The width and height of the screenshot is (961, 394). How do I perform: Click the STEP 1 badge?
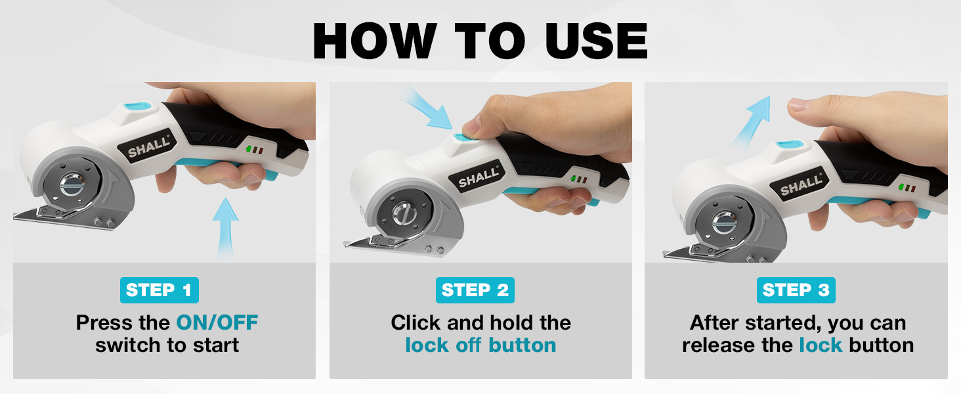(x=159, y=290)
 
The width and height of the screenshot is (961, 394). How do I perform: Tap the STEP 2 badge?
(x=475, y=290)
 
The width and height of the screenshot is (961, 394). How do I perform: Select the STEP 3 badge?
(x=796, y=290)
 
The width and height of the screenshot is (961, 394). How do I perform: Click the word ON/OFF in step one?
(x=217, y=322)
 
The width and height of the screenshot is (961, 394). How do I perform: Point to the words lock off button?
(x=480, y=345)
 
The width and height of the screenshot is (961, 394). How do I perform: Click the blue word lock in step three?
(x=820, y=345)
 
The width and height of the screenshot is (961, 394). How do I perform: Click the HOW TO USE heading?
(x=480, y=41)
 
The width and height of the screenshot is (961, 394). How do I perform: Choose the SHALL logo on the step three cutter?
(x=801, y=185)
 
